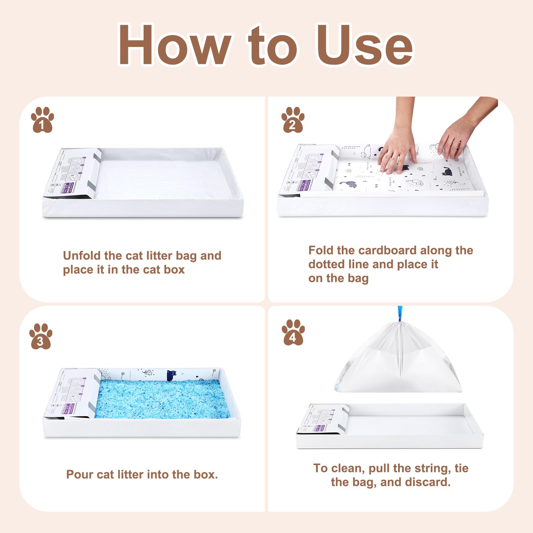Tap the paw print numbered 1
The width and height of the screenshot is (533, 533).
coord(42,120)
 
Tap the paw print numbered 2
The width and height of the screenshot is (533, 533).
coord(292,120)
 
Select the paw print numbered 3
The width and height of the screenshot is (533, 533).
coord(41,336)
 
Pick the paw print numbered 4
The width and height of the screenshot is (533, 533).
coord(293,332)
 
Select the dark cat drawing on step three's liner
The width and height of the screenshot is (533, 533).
coord(172,375)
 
